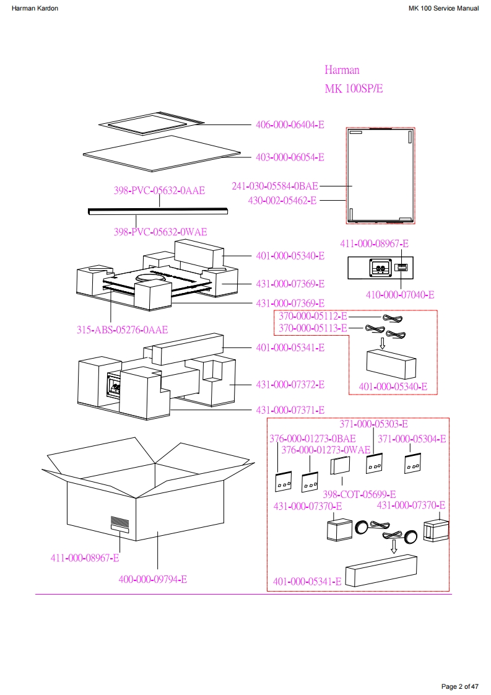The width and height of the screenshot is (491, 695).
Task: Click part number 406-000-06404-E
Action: [290, 125]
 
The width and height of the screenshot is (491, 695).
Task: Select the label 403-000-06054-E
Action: [290, 157]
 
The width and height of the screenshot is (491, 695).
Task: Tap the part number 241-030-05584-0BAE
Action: [275, 186]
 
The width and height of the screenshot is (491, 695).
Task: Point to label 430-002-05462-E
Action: [282, 200]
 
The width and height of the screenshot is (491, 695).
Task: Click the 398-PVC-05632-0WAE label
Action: [160, 232]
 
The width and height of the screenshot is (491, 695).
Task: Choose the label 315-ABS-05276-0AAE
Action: [122, 330]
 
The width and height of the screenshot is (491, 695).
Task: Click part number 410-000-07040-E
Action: [399, 295]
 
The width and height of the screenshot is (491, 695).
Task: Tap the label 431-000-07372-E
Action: [290, 385]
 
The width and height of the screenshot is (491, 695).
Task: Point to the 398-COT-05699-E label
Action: [360, 494]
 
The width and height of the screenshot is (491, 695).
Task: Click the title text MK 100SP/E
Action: [354, 89]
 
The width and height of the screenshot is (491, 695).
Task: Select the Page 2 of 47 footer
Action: [459, 686]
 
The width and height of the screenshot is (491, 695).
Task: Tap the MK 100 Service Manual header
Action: [443, 9]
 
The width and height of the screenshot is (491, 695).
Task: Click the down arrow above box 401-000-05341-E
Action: [394, 546]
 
